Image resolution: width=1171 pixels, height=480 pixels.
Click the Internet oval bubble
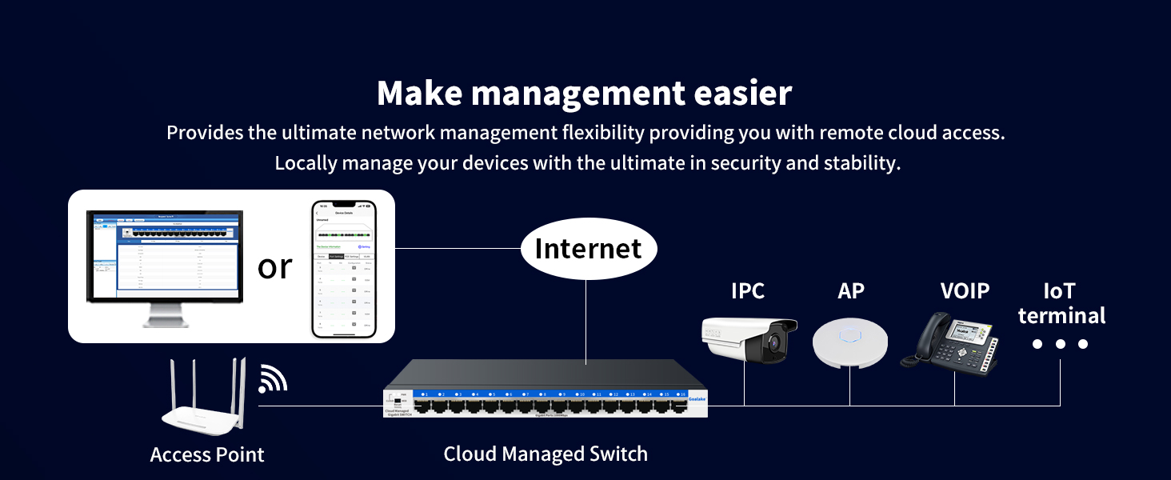coord(588,249)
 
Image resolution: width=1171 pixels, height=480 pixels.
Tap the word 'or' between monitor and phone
coord(275,266)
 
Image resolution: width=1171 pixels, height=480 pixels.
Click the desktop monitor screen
coord(164,254)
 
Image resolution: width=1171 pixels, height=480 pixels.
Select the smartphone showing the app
coord(343,269)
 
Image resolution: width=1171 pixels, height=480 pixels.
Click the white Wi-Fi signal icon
coord(272,380)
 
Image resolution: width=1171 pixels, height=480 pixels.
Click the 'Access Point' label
coord(207,455)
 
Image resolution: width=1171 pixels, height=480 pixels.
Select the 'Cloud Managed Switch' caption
coord(546,454)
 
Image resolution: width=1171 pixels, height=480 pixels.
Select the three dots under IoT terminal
coord(1060,344)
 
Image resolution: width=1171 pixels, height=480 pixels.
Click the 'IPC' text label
coord(748,291)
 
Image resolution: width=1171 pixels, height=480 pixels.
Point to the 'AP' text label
coord(851,291)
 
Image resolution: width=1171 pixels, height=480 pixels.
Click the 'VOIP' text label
coord(965,291)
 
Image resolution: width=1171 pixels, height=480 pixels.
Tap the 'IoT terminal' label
coord(1061,303)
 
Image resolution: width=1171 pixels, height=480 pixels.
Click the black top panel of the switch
coord(544,374)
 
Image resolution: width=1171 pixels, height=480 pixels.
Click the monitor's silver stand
coord(166,316)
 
